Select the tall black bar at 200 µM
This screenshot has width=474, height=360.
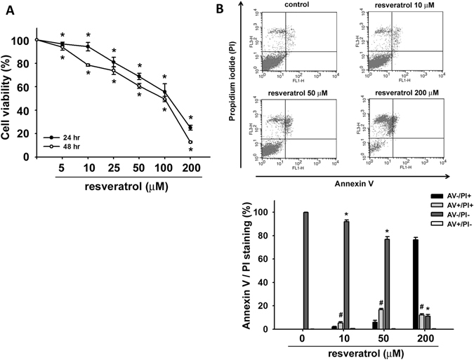click(x=416, y=294)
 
